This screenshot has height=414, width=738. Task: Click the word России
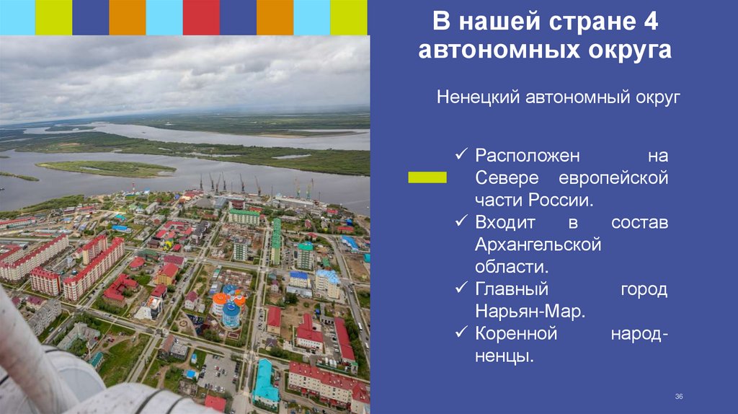563,200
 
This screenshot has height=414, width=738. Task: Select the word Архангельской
538,245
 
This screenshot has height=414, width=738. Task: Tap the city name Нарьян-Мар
530,312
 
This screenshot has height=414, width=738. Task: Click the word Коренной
516,333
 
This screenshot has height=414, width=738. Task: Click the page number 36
678,397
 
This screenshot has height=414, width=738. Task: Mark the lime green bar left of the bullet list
427,177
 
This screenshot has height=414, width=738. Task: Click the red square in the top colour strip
201,17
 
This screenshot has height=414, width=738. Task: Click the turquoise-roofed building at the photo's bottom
264,382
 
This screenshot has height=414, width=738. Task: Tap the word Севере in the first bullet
504,178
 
